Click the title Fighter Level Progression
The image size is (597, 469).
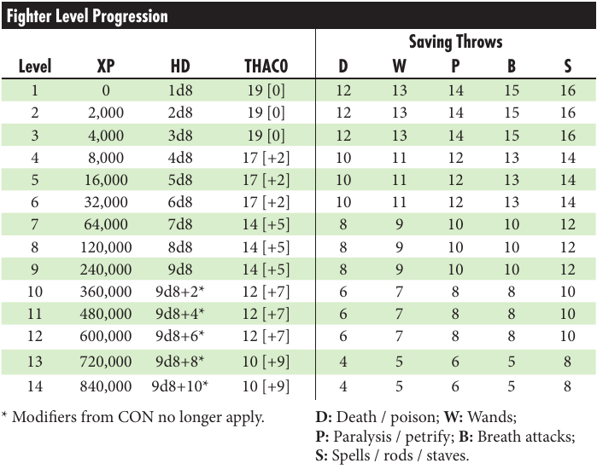pyautogui.click(x=87, y=16)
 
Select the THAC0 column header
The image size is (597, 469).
pyautogui.click(x=266, y=67)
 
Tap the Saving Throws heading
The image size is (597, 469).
pyautogui.click(x=455, y=42)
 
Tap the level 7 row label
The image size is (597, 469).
pyautogui.click(x=36, y=225)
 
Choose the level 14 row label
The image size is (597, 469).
pyautogui.click(x=36, y=386)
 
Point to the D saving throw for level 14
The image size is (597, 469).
pyautogui.click(x=343, y=386)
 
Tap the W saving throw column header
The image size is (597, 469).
pyautogui.click(x=399, y=67)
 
